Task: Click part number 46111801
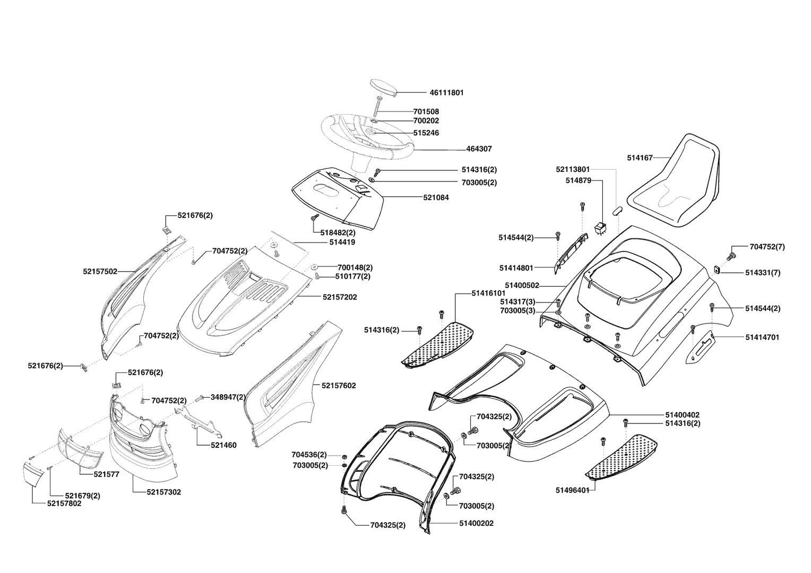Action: [x=446, y=92]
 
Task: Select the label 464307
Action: [x=479, y=150]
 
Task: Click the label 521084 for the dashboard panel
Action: [x=436, y=197]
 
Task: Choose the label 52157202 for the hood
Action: [x=340, y=297]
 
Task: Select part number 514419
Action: [x=342, y=242]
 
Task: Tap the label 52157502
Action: [x=100, y=271]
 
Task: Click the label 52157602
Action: [x=339, y=386]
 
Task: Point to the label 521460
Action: [x=223, y=445]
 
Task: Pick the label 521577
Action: [x=106, y=474]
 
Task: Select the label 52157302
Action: [x=164, y=492]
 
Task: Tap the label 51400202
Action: [x=476, y=523]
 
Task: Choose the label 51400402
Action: [x=682, y=414]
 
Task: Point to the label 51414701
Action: [x=762, y=337]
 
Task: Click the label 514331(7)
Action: [x=763, y=273]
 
